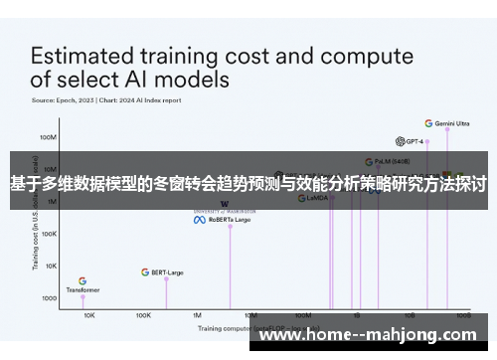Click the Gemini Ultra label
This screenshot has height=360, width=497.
[453, 123]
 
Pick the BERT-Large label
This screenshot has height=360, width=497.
[168, 271]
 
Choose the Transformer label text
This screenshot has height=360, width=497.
[83, 290]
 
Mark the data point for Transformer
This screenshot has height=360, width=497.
[83, 296]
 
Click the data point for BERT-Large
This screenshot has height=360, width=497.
[166, 278]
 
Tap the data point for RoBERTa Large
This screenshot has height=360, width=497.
[231, 226]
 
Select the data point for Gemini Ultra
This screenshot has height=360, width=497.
[447, 128]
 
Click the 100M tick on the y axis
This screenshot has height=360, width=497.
[48, 137]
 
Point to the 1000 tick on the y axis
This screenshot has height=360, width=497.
[49, 298]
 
